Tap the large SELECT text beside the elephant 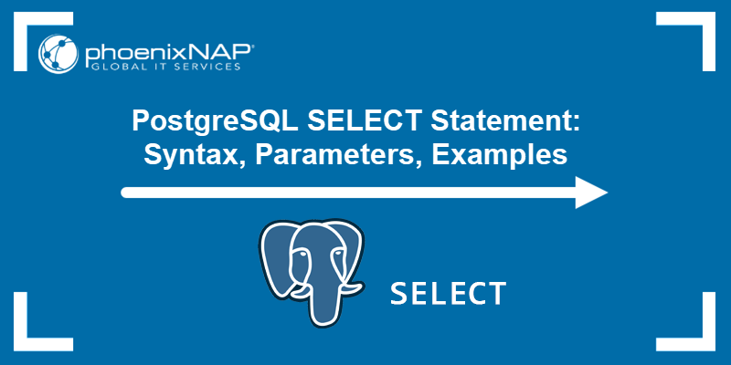(x=448, y=294)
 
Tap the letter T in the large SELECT (x=496, y=294)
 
